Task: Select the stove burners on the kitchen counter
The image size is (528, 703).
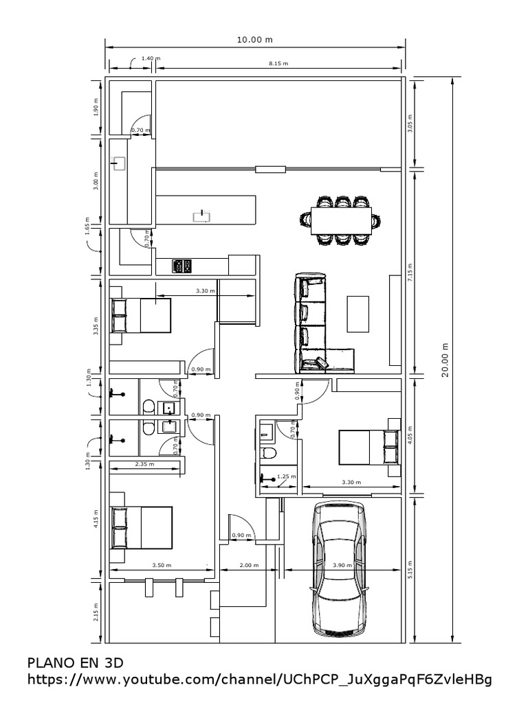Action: [181, 266]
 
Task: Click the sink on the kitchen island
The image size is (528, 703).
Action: [201, 217]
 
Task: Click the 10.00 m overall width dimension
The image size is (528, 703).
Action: [254, 40]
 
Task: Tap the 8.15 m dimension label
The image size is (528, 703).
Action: [278, 62]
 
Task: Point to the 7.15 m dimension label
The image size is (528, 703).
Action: [410, 272]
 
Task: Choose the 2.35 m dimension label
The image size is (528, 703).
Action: [144, 465]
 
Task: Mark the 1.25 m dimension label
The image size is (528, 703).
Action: [285, 476]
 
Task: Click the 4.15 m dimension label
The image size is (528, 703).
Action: [96, 516]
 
